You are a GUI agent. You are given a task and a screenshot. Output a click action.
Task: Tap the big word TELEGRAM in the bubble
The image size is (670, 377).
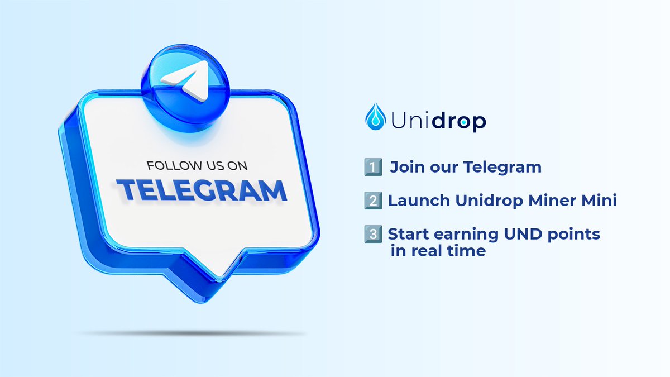202,190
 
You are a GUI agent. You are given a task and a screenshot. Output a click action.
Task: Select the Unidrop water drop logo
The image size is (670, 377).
375,117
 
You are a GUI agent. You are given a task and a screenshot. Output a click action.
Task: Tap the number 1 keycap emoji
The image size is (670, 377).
372,167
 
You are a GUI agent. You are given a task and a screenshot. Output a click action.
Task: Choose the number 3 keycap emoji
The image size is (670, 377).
372,234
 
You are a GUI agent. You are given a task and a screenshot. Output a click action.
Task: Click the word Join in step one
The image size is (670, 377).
405,167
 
